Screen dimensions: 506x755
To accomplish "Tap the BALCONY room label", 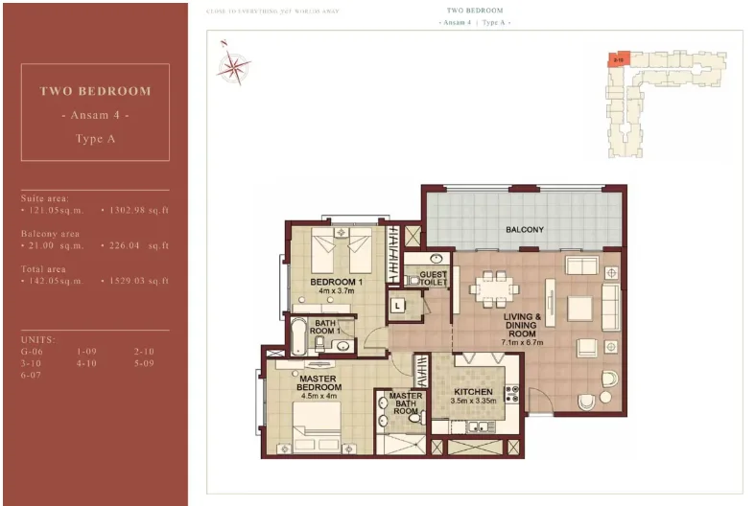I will point(525,230).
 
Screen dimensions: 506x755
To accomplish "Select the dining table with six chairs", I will point(493,287).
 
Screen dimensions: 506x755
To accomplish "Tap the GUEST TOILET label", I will point(434,278).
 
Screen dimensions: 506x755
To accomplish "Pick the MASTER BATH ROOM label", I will point(406,403).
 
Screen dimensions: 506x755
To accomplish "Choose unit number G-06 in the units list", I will point(32,352).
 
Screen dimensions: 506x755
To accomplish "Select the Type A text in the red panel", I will point(95,139).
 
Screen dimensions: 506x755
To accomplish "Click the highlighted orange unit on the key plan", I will point(620,58).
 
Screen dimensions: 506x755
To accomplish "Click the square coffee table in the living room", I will point(579,308).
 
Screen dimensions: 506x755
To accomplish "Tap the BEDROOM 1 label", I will point(336,282).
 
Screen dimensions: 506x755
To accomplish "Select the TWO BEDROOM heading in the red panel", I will point(95,91).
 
